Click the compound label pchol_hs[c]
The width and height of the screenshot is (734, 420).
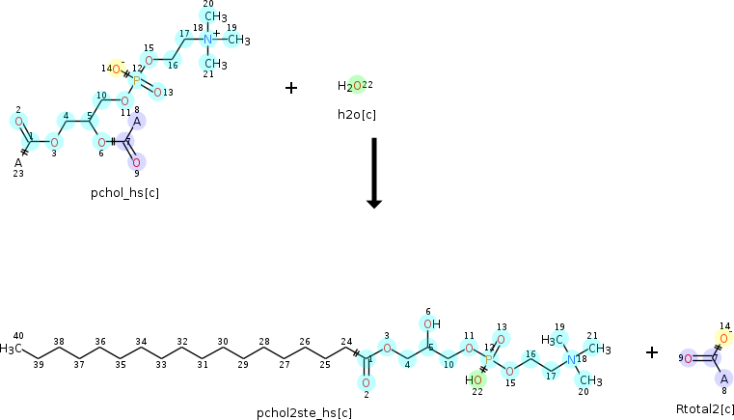(125, 193)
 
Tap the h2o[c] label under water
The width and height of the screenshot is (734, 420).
(357, 115)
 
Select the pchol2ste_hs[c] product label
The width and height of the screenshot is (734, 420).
(304, 413)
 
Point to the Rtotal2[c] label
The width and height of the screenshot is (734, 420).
(705, 408)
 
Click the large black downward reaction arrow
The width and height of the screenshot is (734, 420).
(374, 173)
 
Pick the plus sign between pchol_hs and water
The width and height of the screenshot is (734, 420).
(291, 88)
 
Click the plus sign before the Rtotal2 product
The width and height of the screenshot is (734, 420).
(652, 352)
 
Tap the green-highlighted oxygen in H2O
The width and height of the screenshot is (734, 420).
(357, 86)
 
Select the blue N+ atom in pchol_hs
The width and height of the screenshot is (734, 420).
(208, 40)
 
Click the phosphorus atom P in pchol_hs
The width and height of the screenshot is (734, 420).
(137, 81)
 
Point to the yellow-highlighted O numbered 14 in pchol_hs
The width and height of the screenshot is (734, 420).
(116, 70)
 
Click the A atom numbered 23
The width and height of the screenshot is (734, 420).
(18, 163)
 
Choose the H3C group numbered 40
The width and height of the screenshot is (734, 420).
(11, 349)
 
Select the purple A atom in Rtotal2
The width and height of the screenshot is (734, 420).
(724, 378)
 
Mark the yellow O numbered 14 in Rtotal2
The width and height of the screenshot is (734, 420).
(723, 339)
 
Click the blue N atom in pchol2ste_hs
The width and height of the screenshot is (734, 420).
(571, 360)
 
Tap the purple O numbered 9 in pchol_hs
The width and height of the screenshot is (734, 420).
(136, 163)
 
